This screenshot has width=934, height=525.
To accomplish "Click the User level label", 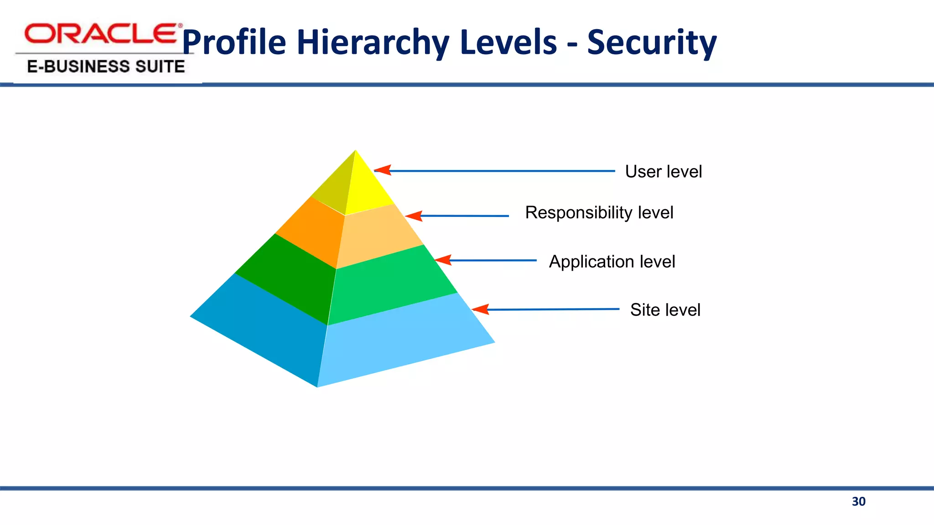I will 663,172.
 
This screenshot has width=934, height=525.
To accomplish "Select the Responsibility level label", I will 599,213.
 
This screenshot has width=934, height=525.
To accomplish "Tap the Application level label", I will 612,262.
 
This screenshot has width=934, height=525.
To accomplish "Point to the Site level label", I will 665,310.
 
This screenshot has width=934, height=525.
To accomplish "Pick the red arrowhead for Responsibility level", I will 414,216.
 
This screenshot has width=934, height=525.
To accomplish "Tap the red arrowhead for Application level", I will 443,260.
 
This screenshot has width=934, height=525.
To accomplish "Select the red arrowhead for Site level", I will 481,309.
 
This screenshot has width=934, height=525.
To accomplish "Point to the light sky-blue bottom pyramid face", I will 401,342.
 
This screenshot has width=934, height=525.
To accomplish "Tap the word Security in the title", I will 652,42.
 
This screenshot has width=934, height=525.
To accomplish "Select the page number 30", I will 858,502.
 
